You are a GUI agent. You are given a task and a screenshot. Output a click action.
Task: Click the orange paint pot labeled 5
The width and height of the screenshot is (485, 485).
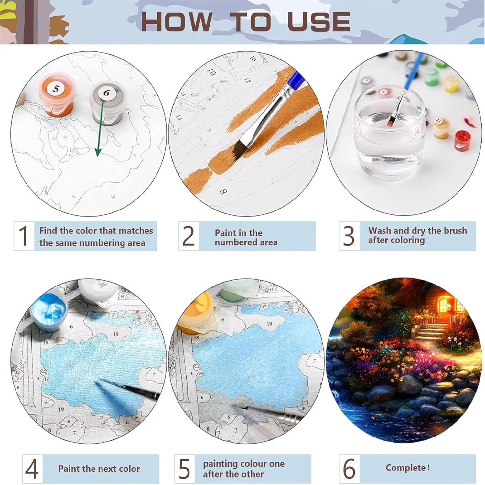pyautogui.click(x=57, y=96)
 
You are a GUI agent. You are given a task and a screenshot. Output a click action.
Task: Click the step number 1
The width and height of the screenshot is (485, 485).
pyautogui.click(x=23, y=236)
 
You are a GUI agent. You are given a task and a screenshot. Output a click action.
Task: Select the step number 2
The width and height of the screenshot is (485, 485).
pyautogui.click(x=189, y=236)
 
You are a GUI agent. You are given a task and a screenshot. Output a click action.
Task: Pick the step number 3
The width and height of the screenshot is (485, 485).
pyautogui.click(x=349, y=236)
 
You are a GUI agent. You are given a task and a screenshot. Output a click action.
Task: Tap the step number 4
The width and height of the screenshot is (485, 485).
pyautogui.click(x=32, y=469)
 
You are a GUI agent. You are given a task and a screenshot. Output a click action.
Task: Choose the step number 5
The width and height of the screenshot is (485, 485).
pyautogui.click(x=185, y=469)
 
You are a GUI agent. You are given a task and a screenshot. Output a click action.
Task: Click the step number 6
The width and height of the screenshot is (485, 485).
pyautogui.click(x=349, y=469)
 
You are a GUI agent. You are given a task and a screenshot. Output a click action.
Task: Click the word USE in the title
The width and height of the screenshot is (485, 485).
pyautogui.click(x=319, y=22)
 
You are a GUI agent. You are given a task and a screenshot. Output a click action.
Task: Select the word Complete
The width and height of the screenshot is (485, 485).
pyautogui.click(x=405, y=468)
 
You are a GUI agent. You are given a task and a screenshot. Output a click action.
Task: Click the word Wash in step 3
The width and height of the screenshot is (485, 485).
pyautogui.click(x=380, y=231)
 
